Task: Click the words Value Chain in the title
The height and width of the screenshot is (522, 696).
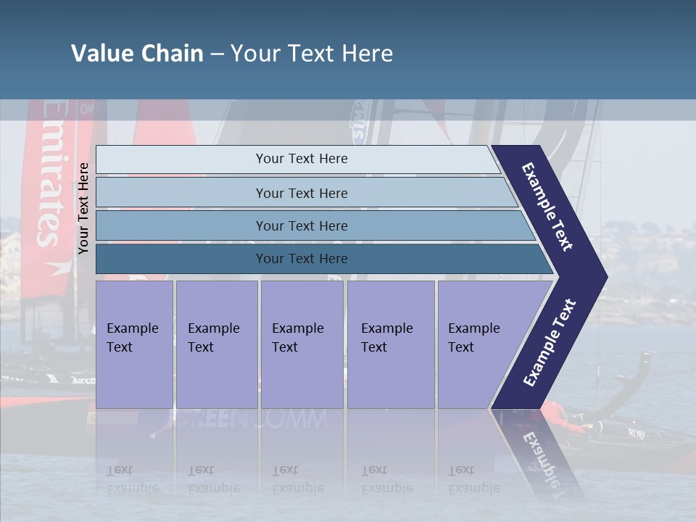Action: tap(137, 54)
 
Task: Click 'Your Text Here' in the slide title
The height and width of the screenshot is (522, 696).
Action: tap(312, 54)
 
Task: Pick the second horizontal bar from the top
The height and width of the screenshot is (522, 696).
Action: tap(301, 193)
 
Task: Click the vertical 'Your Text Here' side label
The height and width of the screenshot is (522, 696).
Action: tap(83, 209)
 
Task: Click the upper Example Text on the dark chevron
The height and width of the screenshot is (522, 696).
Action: tap(548, 207)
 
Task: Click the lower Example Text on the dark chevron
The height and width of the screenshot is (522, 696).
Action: tap(550, 343)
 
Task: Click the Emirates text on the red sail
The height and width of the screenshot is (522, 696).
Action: tap(49, 174)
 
